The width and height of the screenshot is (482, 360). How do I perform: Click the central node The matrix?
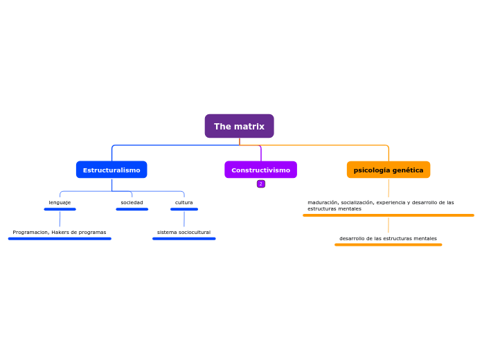[239, 126]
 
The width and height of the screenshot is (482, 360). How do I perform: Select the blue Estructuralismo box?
[111, 170]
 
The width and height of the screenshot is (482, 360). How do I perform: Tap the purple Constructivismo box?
[260, 170]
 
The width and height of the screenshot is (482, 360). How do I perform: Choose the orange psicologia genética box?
[388, 170]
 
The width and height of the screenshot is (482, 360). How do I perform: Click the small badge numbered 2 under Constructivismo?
[261, 183]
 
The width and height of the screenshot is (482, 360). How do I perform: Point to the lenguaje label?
[60, 202]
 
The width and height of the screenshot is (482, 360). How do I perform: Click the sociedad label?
[132, 202]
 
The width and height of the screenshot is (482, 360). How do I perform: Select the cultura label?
[184, 202]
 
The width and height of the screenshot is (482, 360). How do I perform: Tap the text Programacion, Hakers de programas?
[60, 232]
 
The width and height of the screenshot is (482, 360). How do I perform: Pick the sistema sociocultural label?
[184, 232]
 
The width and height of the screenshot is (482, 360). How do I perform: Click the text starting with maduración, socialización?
[381, 205]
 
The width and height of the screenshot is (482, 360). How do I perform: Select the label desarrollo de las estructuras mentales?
[388, 238]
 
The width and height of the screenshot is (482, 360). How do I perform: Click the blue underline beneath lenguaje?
[60, 209]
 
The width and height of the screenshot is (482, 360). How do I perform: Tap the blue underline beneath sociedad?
[132, 209]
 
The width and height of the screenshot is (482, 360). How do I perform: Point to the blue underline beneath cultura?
[184, 209]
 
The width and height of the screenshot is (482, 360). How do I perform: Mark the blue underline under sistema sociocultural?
[184, 239]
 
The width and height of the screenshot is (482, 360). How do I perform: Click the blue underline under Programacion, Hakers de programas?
[60, 239]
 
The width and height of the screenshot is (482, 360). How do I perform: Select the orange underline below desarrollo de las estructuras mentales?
[388, 244]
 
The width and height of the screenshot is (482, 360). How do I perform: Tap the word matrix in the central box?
[249, 126]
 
